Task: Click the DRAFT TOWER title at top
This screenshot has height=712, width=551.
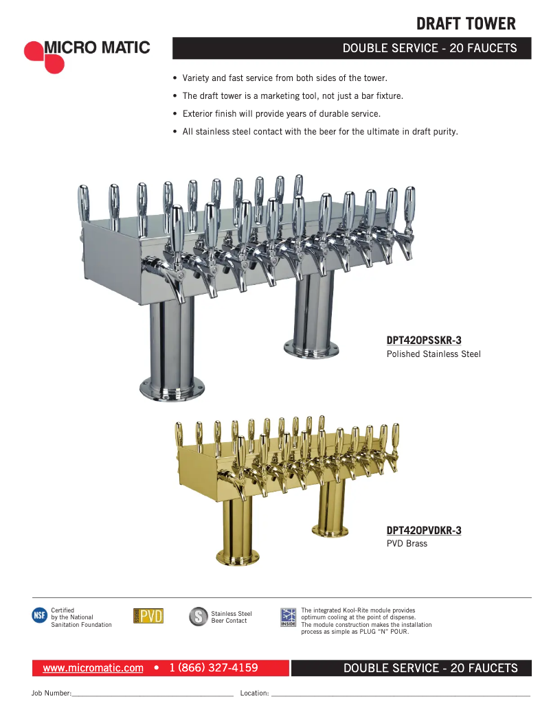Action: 466,24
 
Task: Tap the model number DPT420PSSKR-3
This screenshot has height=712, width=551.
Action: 424,340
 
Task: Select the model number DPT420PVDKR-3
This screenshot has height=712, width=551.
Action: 424,530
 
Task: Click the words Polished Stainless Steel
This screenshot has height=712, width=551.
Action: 434,354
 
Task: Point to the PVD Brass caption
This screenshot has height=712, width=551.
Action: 407,544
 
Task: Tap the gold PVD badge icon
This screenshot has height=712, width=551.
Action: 148,616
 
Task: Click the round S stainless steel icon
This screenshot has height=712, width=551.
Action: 198,617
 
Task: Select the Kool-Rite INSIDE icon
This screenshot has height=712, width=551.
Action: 289,617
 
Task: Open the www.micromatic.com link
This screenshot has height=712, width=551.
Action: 93,668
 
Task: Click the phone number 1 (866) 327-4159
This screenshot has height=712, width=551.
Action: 214,668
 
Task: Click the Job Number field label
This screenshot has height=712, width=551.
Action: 52,693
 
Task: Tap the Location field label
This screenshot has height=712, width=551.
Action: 254,693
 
